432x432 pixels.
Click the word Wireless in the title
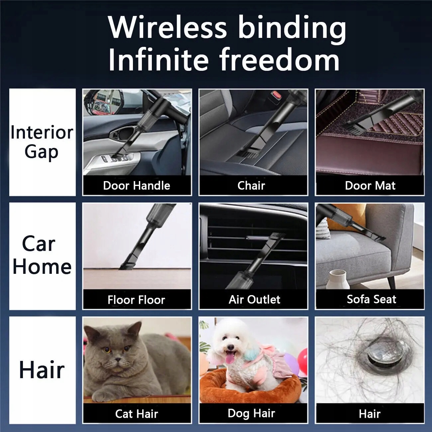(167, 28)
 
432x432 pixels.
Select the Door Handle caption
(137, 186)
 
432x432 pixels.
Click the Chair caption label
(251, 186)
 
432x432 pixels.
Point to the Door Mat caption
(370, 186)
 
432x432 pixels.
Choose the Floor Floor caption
(136, 300)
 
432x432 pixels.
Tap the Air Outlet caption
(254, 299)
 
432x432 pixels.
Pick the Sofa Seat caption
(372, 299)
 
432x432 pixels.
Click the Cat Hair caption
(137, 414)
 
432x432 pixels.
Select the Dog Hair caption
(251, 413)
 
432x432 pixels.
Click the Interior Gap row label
(42, 142)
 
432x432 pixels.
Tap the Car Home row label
(42, 255)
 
